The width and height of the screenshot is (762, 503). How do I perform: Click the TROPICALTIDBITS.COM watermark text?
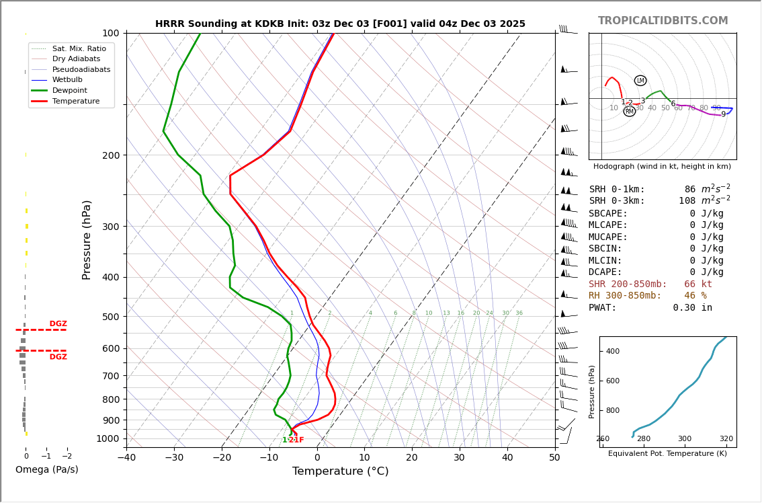pos(663,22)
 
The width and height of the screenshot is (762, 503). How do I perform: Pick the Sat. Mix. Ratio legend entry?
pos(79,48)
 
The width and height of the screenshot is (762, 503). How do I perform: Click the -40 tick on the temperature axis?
pos(126,458)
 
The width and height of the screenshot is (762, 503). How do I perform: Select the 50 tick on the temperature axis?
pos(554,458)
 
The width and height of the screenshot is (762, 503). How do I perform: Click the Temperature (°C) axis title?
pos(340,471)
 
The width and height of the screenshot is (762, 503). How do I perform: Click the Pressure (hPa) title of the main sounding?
pos(87,239)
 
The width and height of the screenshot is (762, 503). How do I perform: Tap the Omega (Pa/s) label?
pos(46,470)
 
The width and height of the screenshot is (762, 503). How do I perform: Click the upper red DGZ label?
pos(58,324)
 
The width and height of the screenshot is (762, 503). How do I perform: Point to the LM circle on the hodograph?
pos(640,81)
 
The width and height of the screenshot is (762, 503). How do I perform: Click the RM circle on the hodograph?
pos(630,112)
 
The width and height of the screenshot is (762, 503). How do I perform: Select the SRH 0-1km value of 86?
pos(690,190)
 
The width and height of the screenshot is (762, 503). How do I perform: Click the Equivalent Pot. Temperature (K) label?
pos(667,454)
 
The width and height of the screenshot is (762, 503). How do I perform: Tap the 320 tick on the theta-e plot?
pos(726,439)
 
